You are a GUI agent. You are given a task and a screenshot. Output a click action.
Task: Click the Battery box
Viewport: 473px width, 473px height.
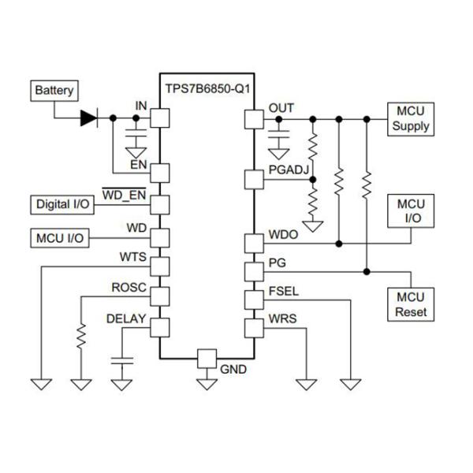pyautogui.click(x=54, y=91)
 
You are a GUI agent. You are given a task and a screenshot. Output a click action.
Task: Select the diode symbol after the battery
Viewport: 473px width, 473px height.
pyautogui.click(x=89, y=119)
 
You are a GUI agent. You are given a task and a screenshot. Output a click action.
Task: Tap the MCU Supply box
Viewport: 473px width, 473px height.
pyautogui.click(x=411, y=119)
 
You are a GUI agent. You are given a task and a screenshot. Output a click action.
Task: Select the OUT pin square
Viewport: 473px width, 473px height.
pyautogui.click(x=253, y=119)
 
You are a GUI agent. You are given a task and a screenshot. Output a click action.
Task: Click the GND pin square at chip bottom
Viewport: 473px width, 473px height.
pyautogui.click(x=207, y=357)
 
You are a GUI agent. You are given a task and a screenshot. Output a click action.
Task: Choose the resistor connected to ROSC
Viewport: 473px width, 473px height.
pyautogui.click(x=81, y=336)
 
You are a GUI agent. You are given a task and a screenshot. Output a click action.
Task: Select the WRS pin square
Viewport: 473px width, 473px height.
pyautogui.click(x=253, y=326)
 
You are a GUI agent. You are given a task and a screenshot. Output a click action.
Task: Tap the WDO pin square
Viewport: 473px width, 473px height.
pyautogui.click(x=253, y=242)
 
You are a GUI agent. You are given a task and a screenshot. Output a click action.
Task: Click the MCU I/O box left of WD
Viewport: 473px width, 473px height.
pyautogui.click(x=59, y=236)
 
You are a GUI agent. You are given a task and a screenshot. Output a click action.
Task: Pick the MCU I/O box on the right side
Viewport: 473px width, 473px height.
pyautogui.click(x=411, y=211)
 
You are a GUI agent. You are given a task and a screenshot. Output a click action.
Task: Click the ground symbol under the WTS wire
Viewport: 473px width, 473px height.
pyautogui.click(x=41, y=385)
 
